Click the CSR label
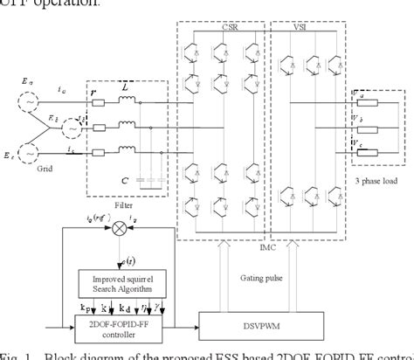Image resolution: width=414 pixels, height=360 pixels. [228, 27]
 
